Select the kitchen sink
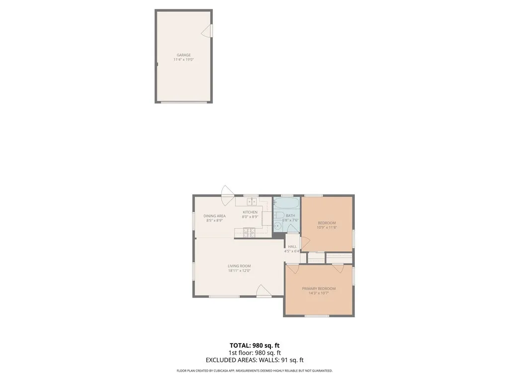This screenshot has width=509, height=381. [252, 201]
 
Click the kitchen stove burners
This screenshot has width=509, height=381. [249, 232]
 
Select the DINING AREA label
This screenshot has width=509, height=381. [215, 216]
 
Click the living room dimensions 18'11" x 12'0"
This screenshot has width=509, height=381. [240, 270]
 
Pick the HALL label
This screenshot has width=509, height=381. [292, 247]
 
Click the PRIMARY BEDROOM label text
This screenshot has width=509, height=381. [319, 288]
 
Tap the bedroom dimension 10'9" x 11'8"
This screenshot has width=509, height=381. [327, 228]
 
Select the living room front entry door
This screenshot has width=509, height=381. [263, 292]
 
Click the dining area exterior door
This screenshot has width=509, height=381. [228, 191]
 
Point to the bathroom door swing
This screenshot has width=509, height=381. [293, 229]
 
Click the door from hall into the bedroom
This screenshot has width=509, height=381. [305, 242]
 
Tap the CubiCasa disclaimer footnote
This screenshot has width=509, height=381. [254, 371]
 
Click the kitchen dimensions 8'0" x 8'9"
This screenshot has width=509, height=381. [250, 217]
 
